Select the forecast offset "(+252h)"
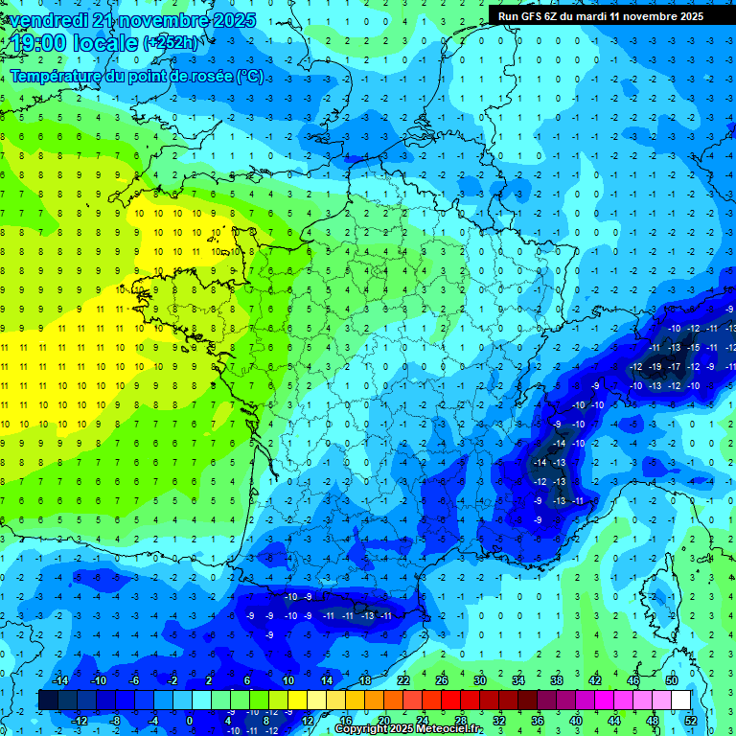(x=172, y=42)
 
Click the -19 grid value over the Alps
(x=655, y=366)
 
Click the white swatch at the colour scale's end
(x=680, y=701)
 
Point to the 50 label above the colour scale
(x=672, y=680)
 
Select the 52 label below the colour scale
(x=691, y=721)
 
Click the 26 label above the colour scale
(x=442, y=680)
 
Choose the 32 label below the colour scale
(x=499, y=721)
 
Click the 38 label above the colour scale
(x=557, y=680)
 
